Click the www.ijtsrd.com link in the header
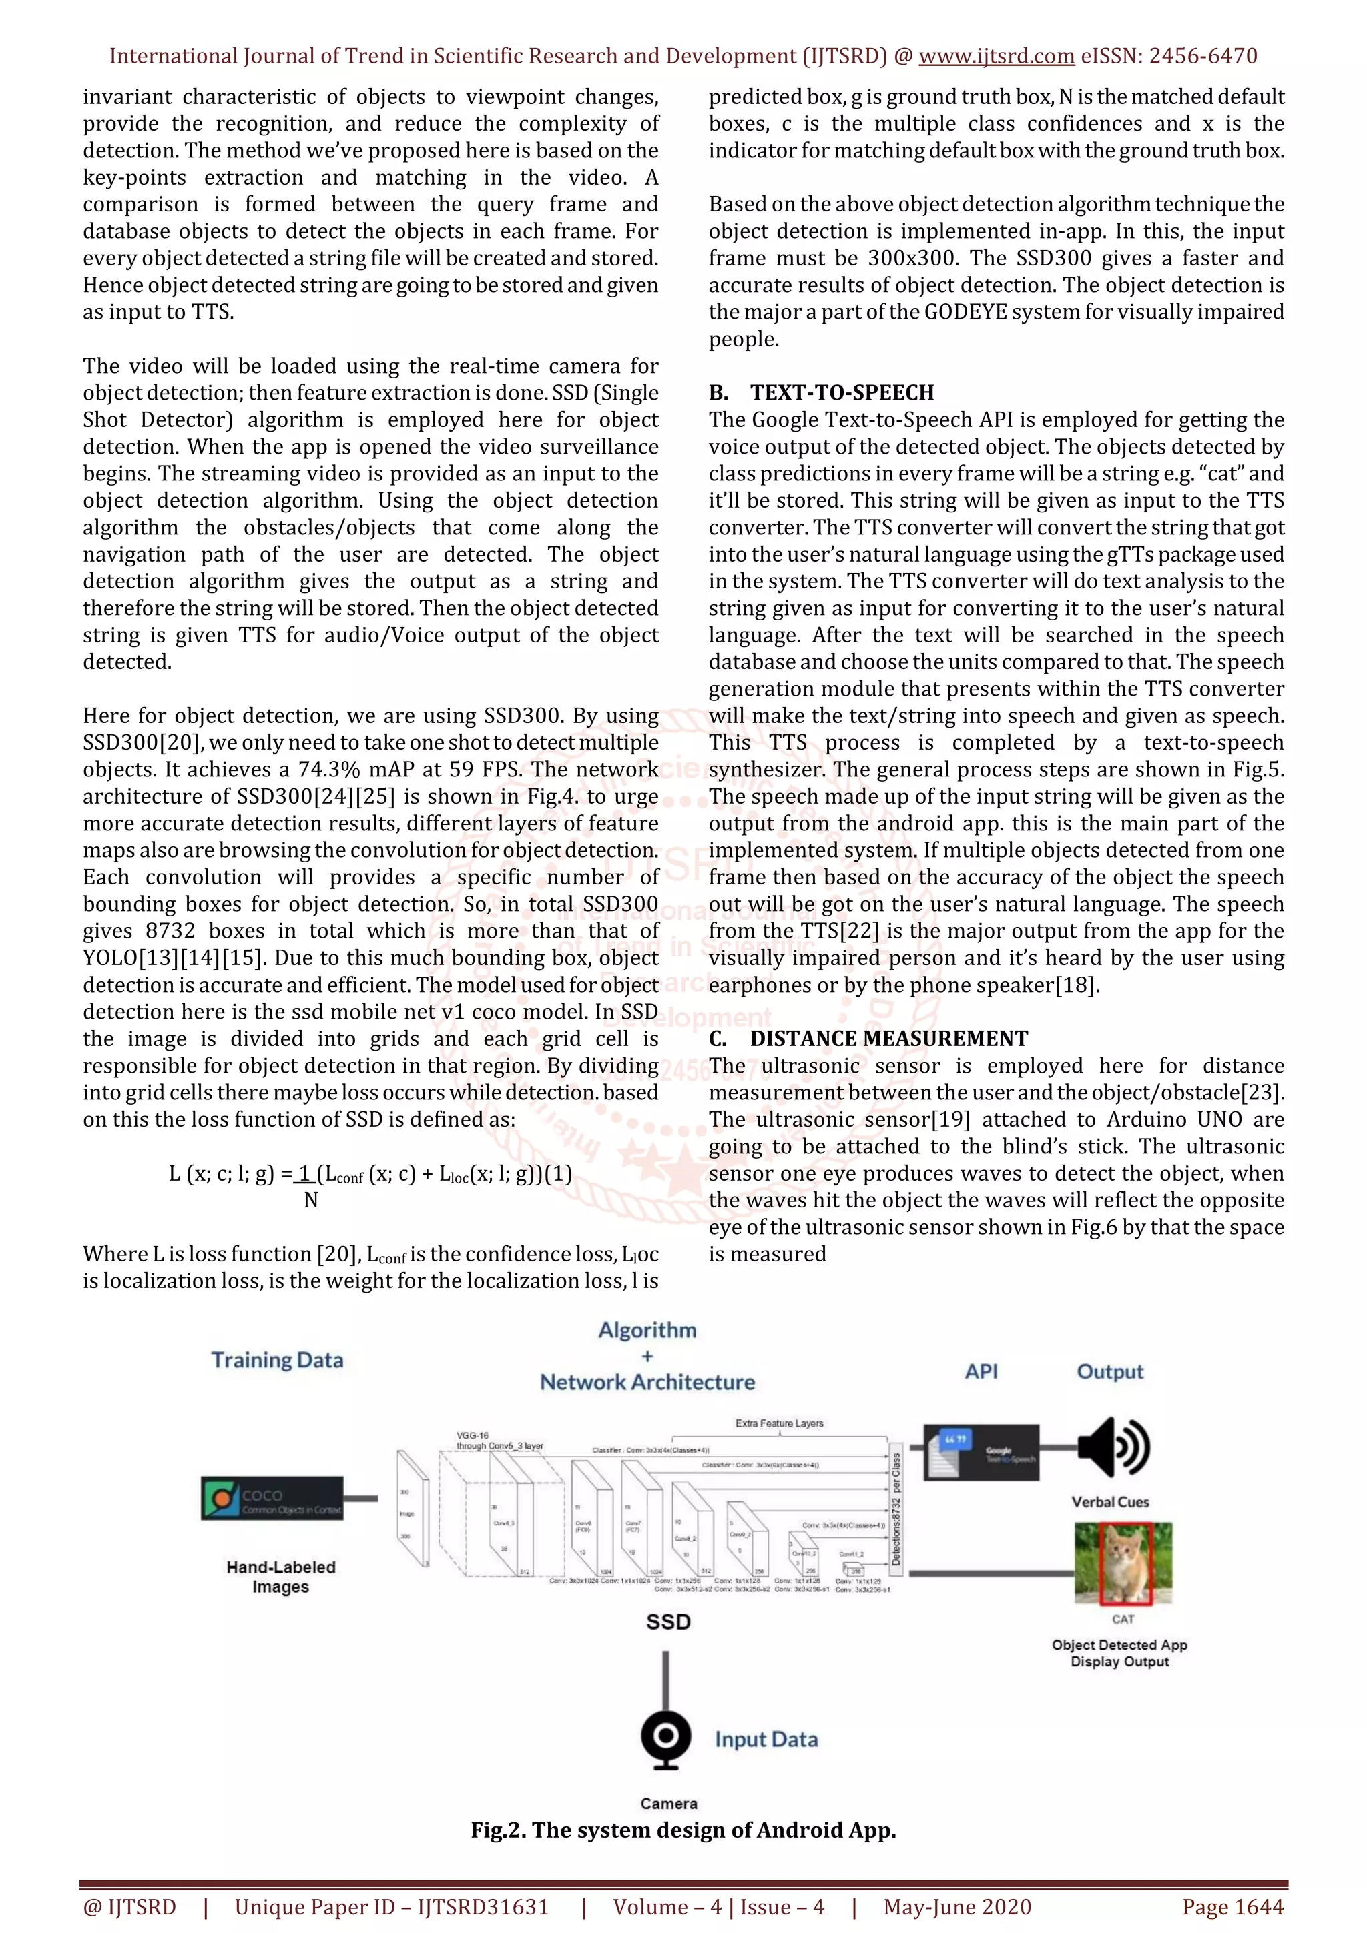pyautogui.click(x=996, y=57)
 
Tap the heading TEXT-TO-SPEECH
pyautogui.click(x=842, y=392)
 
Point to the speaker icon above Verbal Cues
pyautogui.click(x=1113, y=1447)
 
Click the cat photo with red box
pyautogui.click(x=1123, y=1563)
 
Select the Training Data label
pyautogui.click(x=277, y=1361)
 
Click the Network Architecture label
pyautogui.click(x=647, y=1383)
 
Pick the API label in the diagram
pyautogui.click(x=981, y=1371)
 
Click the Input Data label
pyautogui.click(x=766, y=1740)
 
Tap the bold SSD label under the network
pyautogui.click(x=668, y=1622)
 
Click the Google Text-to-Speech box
pyautogui.click(x=981, y=1453)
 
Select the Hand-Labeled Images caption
pyautogui.click(x=280, y=1577)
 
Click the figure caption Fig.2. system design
pyautogui.click(x=683, y=1830)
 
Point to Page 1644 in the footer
pyautogui.click(x=1232, y=1907)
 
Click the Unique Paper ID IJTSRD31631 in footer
pyautogui.click(x=392, y=1907)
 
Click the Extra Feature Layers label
pyautogui.click(x=779, y=1423)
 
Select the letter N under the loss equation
pyautogui.click(x=311, y=1201)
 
